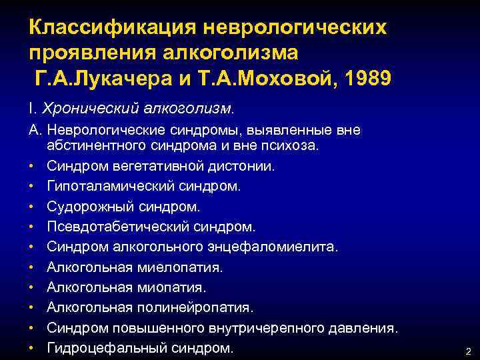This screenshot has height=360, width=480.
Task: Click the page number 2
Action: [467, 351]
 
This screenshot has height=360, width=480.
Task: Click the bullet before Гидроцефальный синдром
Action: [31, 347]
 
